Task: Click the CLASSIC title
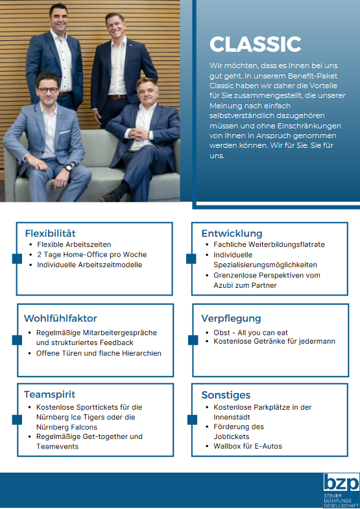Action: [255, 44]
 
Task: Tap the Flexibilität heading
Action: [51, 233]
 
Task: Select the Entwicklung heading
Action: [232, 233]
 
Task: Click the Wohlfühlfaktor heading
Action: [60, 318]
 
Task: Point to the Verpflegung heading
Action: [231, 318]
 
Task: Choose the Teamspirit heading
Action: [49, 394]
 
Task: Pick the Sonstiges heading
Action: [226, 394]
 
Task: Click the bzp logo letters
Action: [341, 484]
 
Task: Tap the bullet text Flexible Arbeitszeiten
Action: [74, 244]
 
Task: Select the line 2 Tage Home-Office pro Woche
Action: [91, 255]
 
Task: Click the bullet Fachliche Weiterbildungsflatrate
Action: [269, 244]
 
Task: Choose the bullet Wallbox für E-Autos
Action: [248, 446]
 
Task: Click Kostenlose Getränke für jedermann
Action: [274, 341]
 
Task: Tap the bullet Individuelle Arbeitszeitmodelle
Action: [90, 265]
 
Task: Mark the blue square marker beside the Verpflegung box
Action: [192, 340]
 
